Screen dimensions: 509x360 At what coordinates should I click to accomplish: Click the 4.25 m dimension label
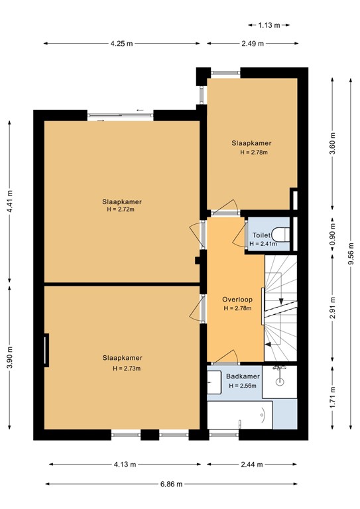pyautogui.click(x=122, y=44)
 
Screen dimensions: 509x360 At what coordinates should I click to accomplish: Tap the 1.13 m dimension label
pyautogui.click(x=269, y=26)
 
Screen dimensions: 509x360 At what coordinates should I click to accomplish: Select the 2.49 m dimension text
pyautogui.click(x=252, y=44)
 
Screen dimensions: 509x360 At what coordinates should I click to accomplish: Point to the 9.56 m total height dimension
pyautogui.click(x=351, y=253)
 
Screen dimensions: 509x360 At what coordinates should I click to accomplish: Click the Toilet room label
pyautogui.click(x=261, y=235)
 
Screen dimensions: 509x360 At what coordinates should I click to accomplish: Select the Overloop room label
pyautogui.click(x=237, y=300)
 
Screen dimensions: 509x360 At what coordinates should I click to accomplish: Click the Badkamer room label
pyautogui.click(x=242, y=377)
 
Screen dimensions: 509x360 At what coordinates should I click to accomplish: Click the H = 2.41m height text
pyautogui.click(x=264, y=244)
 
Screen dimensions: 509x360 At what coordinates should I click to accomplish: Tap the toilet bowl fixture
pyautogui.click(x=281, y=234)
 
